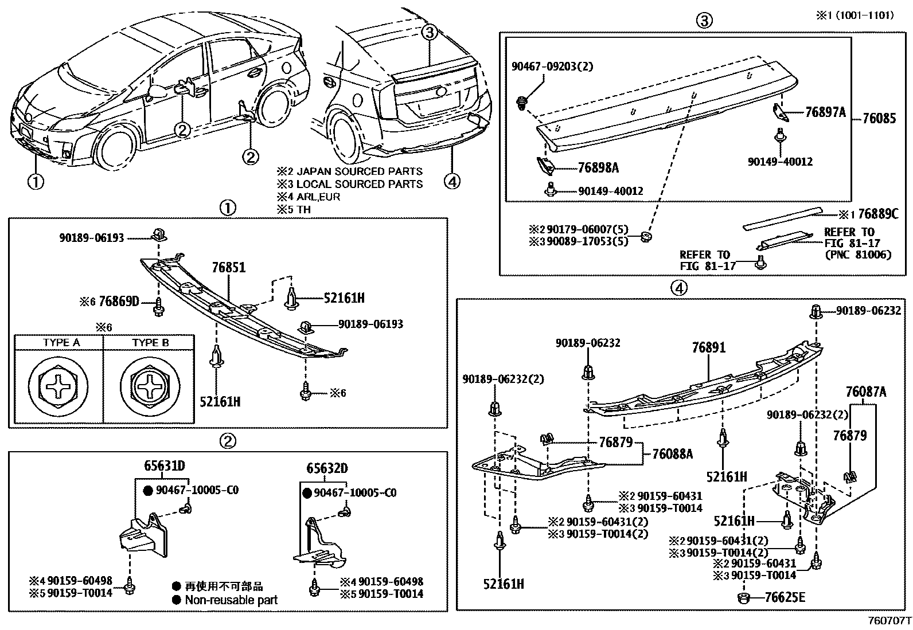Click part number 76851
[228, 268]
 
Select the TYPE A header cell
[61, 343]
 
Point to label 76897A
[825, 112]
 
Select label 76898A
[598, 168]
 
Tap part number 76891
[708, 347]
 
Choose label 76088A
[672, 454]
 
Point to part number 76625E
[785, 598]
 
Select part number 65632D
[327, 468]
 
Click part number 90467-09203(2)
[552, 66]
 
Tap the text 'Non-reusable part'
[231, 600]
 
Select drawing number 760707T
[889, 621]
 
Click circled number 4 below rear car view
[452, 182]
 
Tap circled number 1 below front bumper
[36, 182]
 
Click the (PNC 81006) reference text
[857, 255]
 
